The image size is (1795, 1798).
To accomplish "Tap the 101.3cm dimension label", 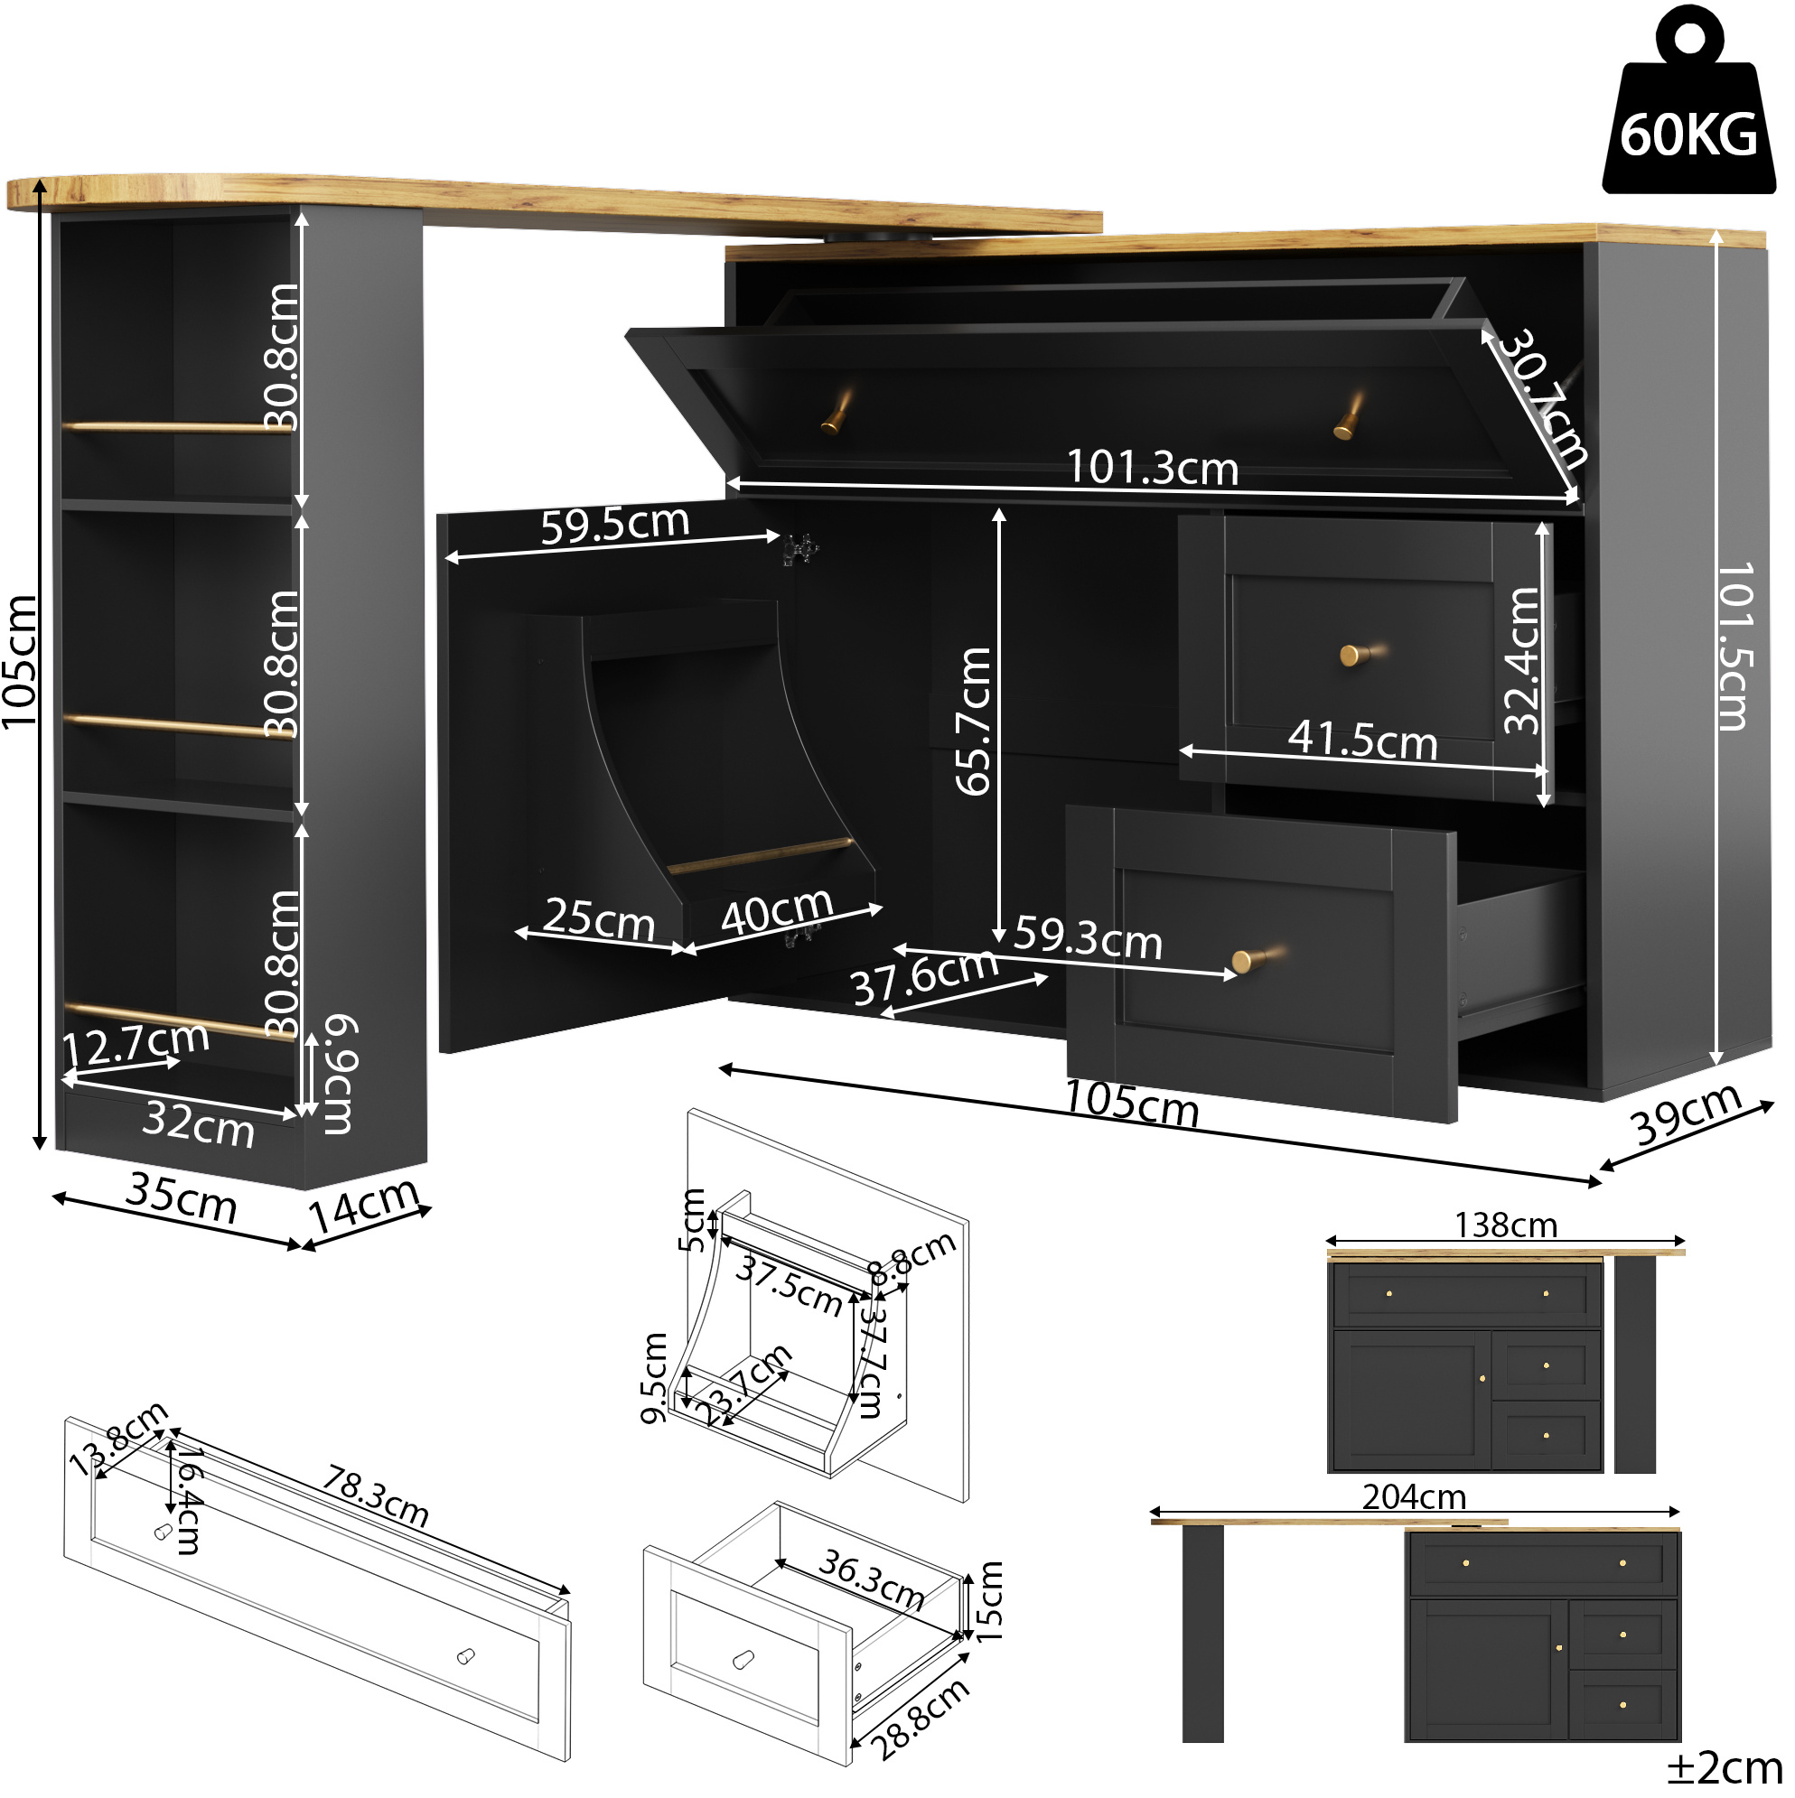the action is [x=1153, y=466].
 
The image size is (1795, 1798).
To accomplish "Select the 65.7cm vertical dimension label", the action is [x=974, y=722].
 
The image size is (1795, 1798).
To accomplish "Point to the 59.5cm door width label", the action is [x=614, y=524].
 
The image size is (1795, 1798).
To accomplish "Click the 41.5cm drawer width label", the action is [x=1363, y=740].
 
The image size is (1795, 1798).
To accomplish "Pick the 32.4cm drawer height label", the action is [x=1523, y=660].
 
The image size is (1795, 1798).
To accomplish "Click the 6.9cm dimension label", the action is [x=339, y=1074].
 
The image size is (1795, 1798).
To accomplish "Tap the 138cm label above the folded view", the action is [x=1505, y=1225].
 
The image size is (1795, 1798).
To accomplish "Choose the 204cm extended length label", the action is [x=1414, y=1496].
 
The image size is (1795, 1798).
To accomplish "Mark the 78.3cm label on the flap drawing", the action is [x=376, y=1496].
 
